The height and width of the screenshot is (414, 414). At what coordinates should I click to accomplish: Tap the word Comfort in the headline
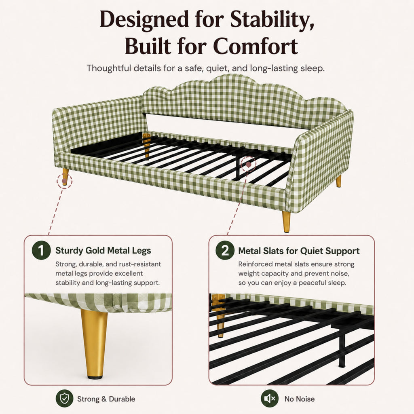pos(256,46)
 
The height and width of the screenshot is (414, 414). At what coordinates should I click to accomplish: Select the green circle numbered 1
pos(41,250)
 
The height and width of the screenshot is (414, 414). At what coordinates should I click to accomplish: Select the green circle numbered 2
pos(225,250)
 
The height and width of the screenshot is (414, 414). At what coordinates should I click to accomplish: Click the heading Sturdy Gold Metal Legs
pos(103,250)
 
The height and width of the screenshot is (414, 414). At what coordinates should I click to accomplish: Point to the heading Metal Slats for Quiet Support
pos(299,251)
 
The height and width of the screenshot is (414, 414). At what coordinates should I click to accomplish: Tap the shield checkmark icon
pos(64,398)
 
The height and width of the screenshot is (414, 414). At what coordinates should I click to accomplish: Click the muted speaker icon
pos(270,398)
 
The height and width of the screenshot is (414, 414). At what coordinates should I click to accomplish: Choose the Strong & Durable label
pos(106,399)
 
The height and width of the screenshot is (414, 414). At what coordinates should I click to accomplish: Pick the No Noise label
pos(300,399)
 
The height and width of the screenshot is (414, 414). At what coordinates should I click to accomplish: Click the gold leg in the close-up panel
pos(95,344)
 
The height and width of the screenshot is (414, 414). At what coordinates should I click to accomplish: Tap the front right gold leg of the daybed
pos(286,222)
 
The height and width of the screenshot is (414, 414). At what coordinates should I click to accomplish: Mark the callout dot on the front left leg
pos(64,181)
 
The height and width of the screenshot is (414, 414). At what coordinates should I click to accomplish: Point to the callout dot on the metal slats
pos(249,165)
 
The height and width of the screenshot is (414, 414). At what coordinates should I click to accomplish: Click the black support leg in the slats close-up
pos(342,349)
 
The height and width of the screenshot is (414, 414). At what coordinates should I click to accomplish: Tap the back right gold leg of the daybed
pos(338,181)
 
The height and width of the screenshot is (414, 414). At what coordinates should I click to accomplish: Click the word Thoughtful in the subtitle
pos(109,68)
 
